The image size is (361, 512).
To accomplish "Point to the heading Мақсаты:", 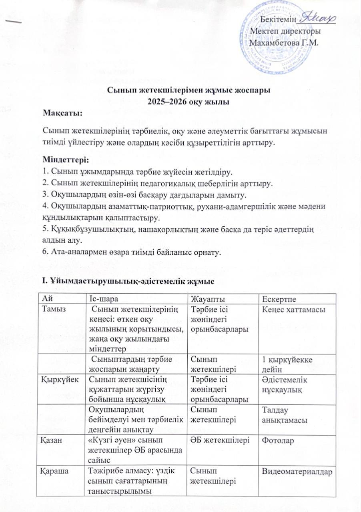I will pos(63,114).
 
